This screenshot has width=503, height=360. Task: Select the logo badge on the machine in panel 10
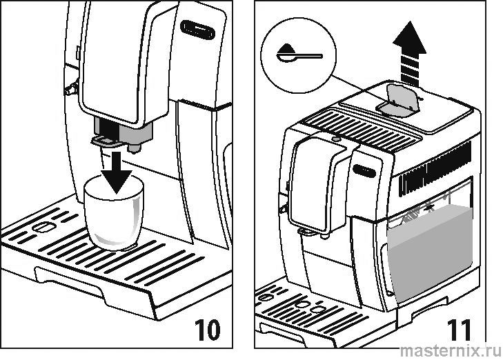(x=197, y=30)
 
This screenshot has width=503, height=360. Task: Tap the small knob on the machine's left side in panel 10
(x=68, y=88)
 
